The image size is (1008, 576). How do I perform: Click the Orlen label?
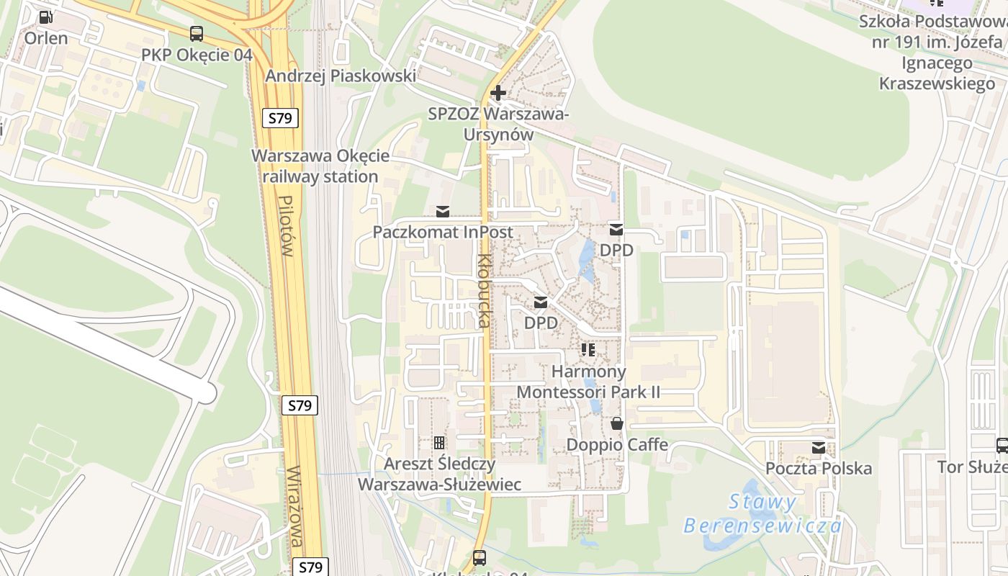coord(46,38)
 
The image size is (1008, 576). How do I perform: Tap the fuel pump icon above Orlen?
coord(45,17)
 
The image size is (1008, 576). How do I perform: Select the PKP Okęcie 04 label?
coord(197,55)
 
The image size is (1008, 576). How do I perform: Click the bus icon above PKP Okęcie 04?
coord(197,33)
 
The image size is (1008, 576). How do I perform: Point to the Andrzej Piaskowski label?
coord(341,76)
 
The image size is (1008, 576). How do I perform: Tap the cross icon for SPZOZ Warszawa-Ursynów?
coord(498,93)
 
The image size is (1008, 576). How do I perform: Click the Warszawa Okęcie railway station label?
coord(320,166)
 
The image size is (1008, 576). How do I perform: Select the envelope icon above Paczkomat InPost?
coord(442,212)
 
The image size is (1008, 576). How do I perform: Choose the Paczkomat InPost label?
coord(442,232)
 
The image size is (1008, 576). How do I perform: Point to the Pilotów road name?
coord(286,227)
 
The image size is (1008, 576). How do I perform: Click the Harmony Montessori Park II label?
coord(588,382)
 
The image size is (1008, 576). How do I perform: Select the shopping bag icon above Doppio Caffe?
coord(617,424)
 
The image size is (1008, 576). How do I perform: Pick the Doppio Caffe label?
coord(617,445)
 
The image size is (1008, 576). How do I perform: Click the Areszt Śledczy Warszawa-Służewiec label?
coord(439,474)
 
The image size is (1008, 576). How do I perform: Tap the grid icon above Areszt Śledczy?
coord(439,443)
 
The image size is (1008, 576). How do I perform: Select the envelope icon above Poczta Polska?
coord(819,448)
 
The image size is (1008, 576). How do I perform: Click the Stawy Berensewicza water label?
coord(762,513)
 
